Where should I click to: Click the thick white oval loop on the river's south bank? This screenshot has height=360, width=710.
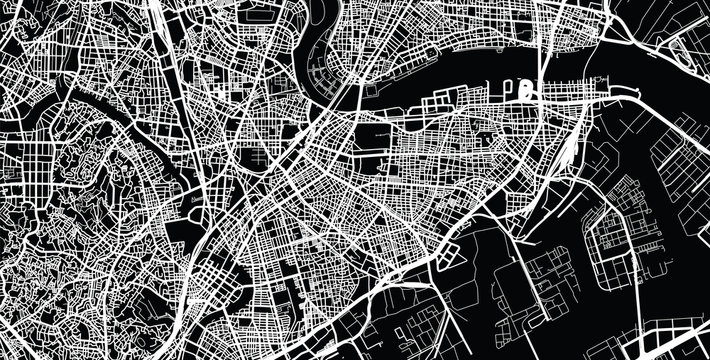(x=527, y=92)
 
